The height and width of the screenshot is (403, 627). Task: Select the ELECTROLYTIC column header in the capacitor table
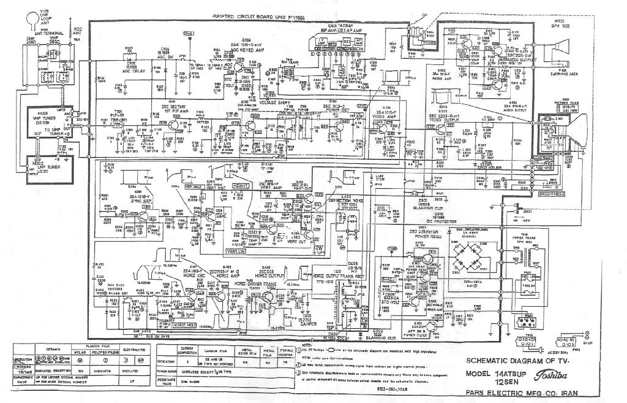134,349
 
